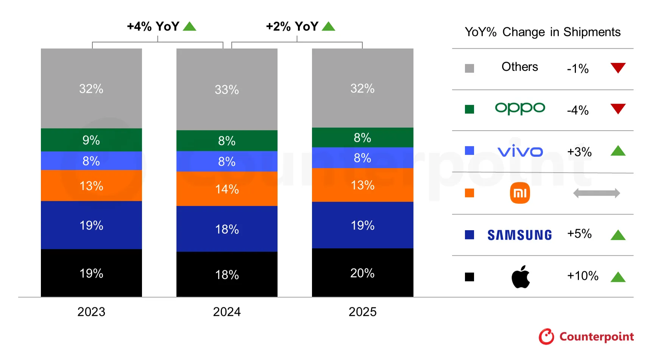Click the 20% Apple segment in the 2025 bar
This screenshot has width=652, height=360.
(362, 273)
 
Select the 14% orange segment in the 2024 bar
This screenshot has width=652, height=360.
(227, 189)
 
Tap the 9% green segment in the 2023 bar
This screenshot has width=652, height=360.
(91, 140)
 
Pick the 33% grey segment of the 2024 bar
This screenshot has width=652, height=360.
(227, 89)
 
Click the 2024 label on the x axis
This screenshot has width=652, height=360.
(227, 312)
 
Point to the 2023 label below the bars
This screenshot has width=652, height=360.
(91, 312)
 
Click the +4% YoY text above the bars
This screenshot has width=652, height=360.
(153, 26)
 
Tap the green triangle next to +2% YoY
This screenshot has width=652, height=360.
(328, 26)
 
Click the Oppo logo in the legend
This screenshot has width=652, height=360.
(520, 108)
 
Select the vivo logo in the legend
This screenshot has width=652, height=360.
(520, 151)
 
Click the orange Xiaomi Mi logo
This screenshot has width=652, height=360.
(520, 193)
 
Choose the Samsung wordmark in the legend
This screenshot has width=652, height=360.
(519, 235)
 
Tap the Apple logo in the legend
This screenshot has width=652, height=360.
(521, 277)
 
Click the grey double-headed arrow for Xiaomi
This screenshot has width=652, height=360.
(596, 193)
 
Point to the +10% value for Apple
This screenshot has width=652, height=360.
(582, 276)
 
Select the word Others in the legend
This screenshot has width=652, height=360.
(519, 67)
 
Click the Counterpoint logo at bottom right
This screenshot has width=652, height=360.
(586, 336)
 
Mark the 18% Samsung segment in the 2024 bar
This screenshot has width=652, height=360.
(227, 229)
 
